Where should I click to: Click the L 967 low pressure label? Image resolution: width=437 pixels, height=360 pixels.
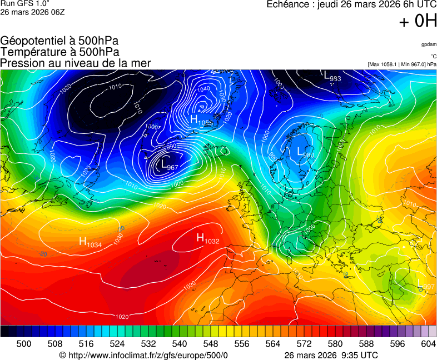[168, 166]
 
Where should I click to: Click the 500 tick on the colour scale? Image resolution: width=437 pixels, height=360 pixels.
[24, 344]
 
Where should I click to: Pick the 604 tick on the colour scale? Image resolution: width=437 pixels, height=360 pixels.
[429, 344]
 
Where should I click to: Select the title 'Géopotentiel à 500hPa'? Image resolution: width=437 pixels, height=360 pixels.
[59, 41]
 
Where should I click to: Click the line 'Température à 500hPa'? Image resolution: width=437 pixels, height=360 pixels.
[59, 52]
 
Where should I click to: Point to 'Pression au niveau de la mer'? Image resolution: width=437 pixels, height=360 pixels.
[76, 63]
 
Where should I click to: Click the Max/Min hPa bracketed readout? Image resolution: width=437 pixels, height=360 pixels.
[402, 64]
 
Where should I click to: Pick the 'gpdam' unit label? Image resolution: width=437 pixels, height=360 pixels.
[428, 44]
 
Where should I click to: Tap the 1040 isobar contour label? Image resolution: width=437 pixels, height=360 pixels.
[203, 89]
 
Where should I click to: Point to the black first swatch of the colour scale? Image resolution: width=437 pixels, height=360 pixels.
[4, 331]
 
